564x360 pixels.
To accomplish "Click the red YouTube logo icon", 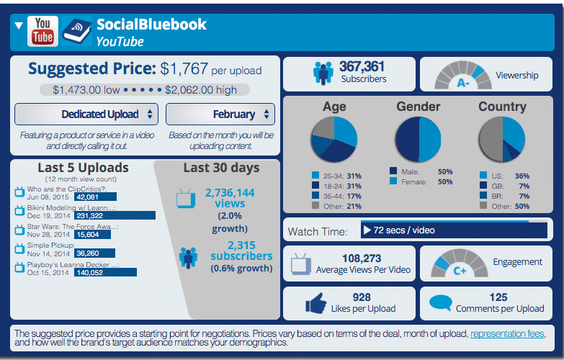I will point(42,32).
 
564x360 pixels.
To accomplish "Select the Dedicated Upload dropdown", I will point(87,114).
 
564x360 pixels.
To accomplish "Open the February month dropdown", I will point(220,114).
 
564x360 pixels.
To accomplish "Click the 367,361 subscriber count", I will point(364,66).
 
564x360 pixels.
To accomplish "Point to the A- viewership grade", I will point(463,83).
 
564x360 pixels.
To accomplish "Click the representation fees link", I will point(506,334).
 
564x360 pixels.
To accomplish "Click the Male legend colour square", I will point(393,171).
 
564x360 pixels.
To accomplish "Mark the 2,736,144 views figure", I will point(230,192).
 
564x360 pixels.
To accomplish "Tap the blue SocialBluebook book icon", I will point(76,32).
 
